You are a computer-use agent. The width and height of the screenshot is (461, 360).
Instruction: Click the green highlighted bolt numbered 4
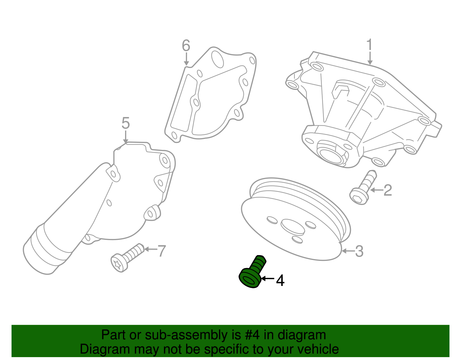click(253, 272)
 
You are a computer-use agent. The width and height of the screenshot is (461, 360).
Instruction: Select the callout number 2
click(388, 190)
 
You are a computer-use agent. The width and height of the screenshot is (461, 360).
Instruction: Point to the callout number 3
click(359, 251)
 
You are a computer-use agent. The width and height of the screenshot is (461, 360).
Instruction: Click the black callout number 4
click(280, 280)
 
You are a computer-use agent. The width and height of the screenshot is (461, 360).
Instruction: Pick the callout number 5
click(126, 123)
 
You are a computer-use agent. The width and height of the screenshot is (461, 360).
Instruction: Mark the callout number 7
click(162, 251)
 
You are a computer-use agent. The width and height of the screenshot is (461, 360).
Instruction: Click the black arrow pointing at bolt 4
click(268, 279)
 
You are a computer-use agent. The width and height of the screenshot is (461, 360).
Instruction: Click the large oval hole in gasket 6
click(218, 59)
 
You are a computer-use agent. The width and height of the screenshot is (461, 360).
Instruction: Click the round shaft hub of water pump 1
click(331, 154)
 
